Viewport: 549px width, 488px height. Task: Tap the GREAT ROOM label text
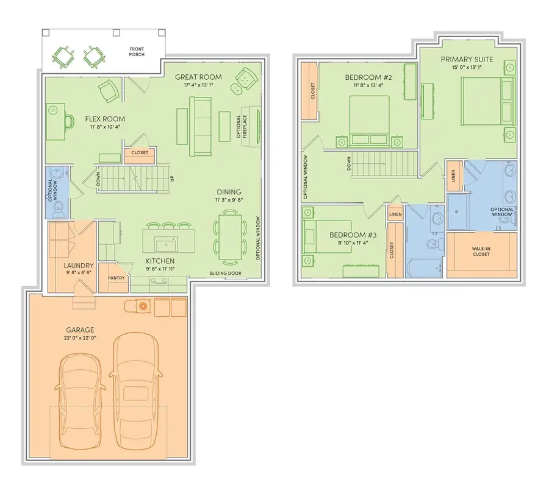pos(198,77)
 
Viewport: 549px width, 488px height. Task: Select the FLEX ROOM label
pos(105,119)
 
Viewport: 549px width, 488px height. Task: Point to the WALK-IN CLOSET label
pos(481,252)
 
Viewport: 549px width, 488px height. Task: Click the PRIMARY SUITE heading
pos(468,59)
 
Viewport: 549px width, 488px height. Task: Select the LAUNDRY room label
pos(79,266)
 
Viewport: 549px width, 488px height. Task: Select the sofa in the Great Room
pos(199,126)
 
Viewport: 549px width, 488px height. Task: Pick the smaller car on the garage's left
pos(78,396)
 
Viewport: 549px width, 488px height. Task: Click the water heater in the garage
pos(143,306)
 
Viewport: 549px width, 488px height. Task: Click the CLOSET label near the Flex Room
pos(140,153)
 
